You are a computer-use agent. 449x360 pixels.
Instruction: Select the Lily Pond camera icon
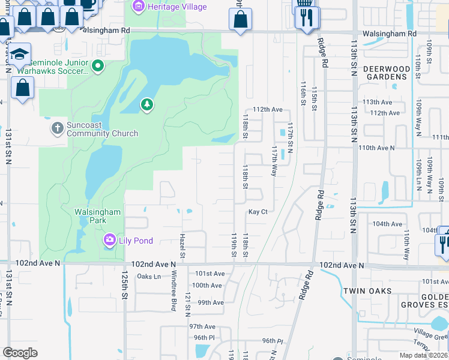[109, 241]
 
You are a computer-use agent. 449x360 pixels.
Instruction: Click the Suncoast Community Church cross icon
[57, 128]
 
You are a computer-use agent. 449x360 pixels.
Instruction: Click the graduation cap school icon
[20, 55]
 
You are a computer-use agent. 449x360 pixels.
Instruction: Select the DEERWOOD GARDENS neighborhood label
[387, 73]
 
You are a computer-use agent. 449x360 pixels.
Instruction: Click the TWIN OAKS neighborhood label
[367, 291]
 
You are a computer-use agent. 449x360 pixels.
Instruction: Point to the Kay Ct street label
[258, 212]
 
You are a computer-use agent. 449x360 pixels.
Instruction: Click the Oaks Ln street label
[149, 277]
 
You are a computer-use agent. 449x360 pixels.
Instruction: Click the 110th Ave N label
[376, 148]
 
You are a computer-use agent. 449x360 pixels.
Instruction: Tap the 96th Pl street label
[271, 341]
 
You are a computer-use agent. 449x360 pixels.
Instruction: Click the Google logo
[20, 353]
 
